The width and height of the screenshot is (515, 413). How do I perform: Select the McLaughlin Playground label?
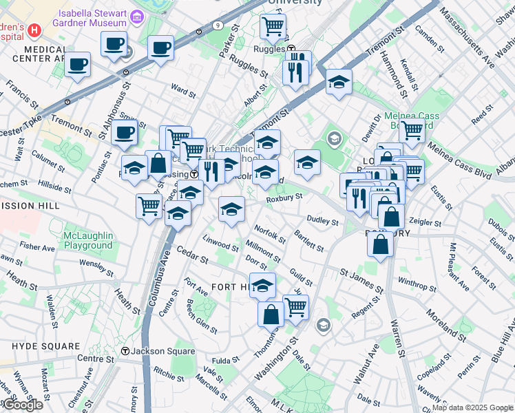87,240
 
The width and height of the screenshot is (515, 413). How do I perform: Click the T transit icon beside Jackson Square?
125,351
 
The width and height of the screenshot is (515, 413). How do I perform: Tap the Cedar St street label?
192,255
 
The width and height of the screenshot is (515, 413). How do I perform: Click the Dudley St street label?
322,221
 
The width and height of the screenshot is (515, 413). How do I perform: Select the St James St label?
361,281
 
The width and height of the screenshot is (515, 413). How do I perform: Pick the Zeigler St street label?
424,222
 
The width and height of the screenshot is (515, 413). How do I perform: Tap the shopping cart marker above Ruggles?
273,27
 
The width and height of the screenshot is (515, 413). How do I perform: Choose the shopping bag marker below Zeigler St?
380,244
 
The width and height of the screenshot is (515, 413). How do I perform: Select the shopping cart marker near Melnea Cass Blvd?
412,129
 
